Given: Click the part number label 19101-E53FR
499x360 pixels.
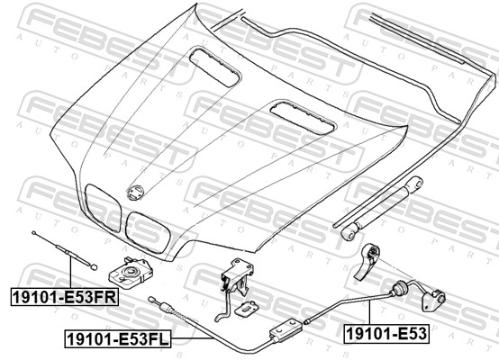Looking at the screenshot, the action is click(65, 297).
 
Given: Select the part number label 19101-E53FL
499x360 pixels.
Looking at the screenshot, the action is click(118, 339).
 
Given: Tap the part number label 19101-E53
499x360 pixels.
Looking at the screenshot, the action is click(386, 334).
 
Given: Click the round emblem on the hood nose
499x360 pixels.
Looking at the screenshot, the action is click(136, 193).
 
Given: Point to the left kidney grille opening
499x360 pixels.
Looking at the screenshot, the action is click(103, 208).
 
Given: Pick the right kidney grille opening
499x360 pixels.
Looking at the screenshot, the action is click(148, 233).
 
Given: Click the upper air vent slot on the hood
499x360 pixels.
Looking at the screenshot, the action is click(214, 67).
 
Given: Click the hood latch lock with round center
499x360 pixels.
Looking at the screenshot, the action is click(131, 273).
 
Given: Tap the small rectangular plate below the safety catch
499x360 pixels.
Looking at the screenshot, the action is click(246, 308).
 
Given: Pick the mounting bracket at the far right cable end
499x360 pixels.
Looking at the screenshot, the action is click(433, 301).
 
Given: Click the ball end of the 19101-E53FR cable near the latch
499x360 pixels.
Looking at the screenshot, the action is click(94, 267).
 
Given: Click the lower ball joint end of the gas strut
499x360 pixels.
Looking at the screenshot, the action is click(349, 232).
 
